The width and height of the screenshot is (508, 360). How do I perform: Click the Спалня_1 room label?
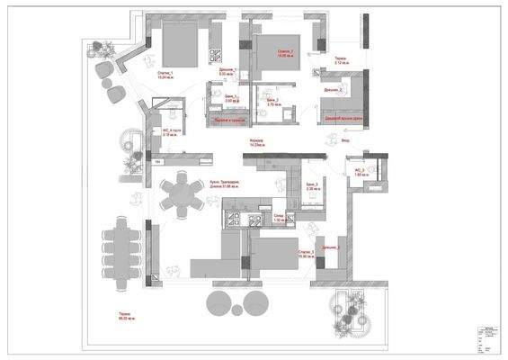(165, 74)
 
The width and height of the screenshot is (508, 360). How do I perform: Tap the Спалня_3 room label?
(306, 254)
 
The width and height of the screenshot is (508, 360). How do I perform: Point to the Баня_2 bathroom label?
(272, 102)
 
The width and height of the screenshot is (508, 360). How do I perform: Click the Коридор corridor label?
(257, 143)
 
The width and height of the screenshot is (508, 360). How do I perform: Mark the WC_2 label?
(358, 171)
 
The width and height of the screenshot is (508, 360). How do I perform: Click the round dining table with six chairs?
(182, 194)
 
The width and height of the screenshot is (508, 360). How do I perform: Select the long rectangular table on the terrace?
(121, 251)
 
